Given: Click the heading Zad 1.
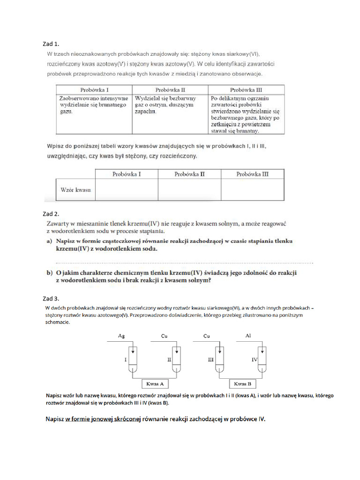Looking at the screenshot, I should pos(51,44).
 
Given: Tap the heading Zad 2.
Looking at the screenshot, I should pos(51,214).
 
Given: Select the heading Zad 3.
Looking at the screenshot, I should pos(51,299).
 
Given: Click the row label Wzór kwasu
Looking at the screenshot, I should pos(75,190).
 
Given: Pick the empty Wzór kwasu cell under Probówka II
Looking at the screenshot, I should pos(189,190).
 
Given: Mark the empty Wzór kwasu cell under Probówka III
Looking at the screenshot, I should pos(252,190).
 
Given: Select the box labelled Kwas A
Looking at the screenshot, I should pos(155,384).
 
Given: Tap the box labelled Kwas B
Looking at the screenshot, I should pos(242,384).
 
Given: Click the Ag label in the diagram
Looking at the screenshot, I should pos(121,336).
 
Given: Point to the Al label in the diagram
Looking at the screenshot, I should pos(248,336).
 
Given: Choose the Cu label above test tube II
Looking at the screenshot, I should pos(164,336).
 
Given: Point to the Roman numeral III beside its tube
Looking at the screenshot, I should pos(210,360).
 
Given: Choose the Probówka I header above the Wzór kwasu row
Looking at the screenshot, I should pos(127,174).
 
